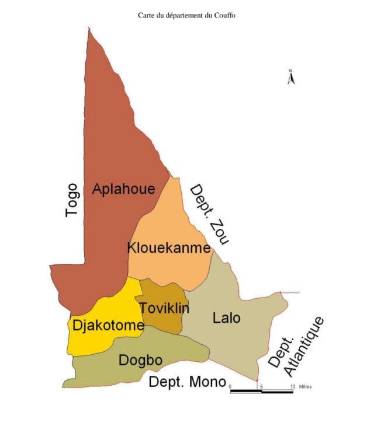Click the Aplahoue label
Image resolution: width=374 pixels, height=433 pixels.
point(123,189)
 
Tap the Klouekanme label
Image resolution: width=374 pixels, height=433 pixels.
point(168,248)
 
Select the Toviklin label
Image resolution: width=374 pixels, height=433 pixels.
point(164,308)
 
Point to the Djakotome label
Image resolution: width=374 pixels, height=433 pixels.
point(108,326)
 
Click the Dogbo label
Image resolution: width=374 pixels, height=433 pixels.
point(140,360)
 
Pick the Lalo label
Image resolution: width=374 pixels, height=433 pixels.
point(227,318)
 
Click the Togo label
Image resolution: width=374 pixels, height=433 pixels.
point(72,200)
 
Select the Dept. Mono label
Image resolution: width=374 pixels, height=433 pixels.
point(187,382)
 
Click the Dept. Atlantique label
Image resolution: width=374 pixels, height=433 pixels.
point(296,347)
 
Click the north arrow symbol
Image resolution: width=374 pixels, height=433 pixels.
point(290,77)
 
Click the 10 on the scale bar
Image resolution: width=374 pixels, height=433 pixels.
point(292,386)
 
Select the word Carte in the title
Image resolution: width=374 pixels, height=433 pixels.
point(146,15)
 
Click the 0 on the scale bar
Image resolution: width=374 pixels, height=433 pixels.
point(230,386)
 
